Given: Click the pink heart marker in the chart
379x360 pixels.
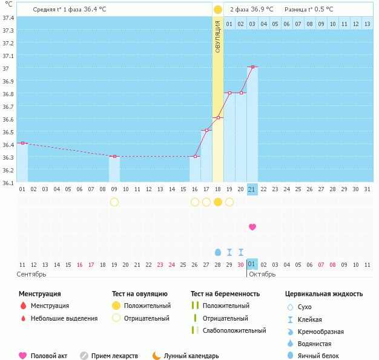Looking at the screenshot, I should [x=252, y=227].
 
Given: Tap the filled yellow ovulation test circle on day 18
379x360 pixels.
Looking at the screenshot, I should [x=218, y=202].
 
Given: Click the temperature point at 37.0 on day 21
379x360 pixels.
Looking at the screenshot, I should [x=252, y=67].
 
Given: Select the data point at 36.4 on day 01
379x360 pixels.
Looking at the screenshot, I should [x=22, y=143].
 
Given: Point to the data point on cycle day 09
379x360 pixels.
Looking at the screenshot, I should [x=114, y=157].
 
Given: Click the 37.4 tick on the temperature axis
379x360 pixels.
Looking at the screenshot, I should [x=8, y=18].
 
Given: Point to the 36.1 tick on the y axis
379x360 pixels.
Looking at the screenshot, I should [x=8, y=182].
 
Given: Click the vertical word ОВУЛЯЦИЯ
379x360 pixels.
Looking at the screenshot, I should [x=218, y=36].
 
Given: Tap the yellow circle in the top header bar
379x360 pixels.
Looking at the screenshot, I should [x=218, y=10].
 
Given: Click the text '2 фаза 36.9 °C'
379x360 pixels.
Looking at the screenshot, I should [x=251, y=10].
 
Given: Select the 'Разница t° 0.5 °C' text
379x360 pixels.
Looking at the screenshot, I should [x=309, y=10].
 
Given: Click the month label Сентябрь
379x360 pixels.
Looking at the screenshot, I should [x=31, y=274].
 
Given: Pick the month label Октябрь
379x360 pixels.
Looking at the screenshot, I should [x=262, y=274].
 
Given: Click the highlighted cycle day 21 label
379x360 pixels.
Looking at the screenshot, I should [x=252, y=189].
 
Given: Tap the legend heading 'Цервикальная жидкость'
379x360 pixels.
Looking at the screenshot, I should [x=324, y=294].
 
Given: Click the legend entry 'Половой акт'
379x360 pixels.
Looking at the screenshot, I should [x=48, y=356].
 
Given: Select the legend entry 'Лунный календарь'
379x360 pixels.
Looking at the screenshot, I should [x=191, y=356].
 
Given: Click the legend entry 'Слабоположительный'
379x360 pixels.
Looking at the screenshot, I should [x=234, y=331].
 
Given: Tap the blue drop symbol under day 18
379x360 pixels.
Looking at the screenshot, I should [x=218, y=252].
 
